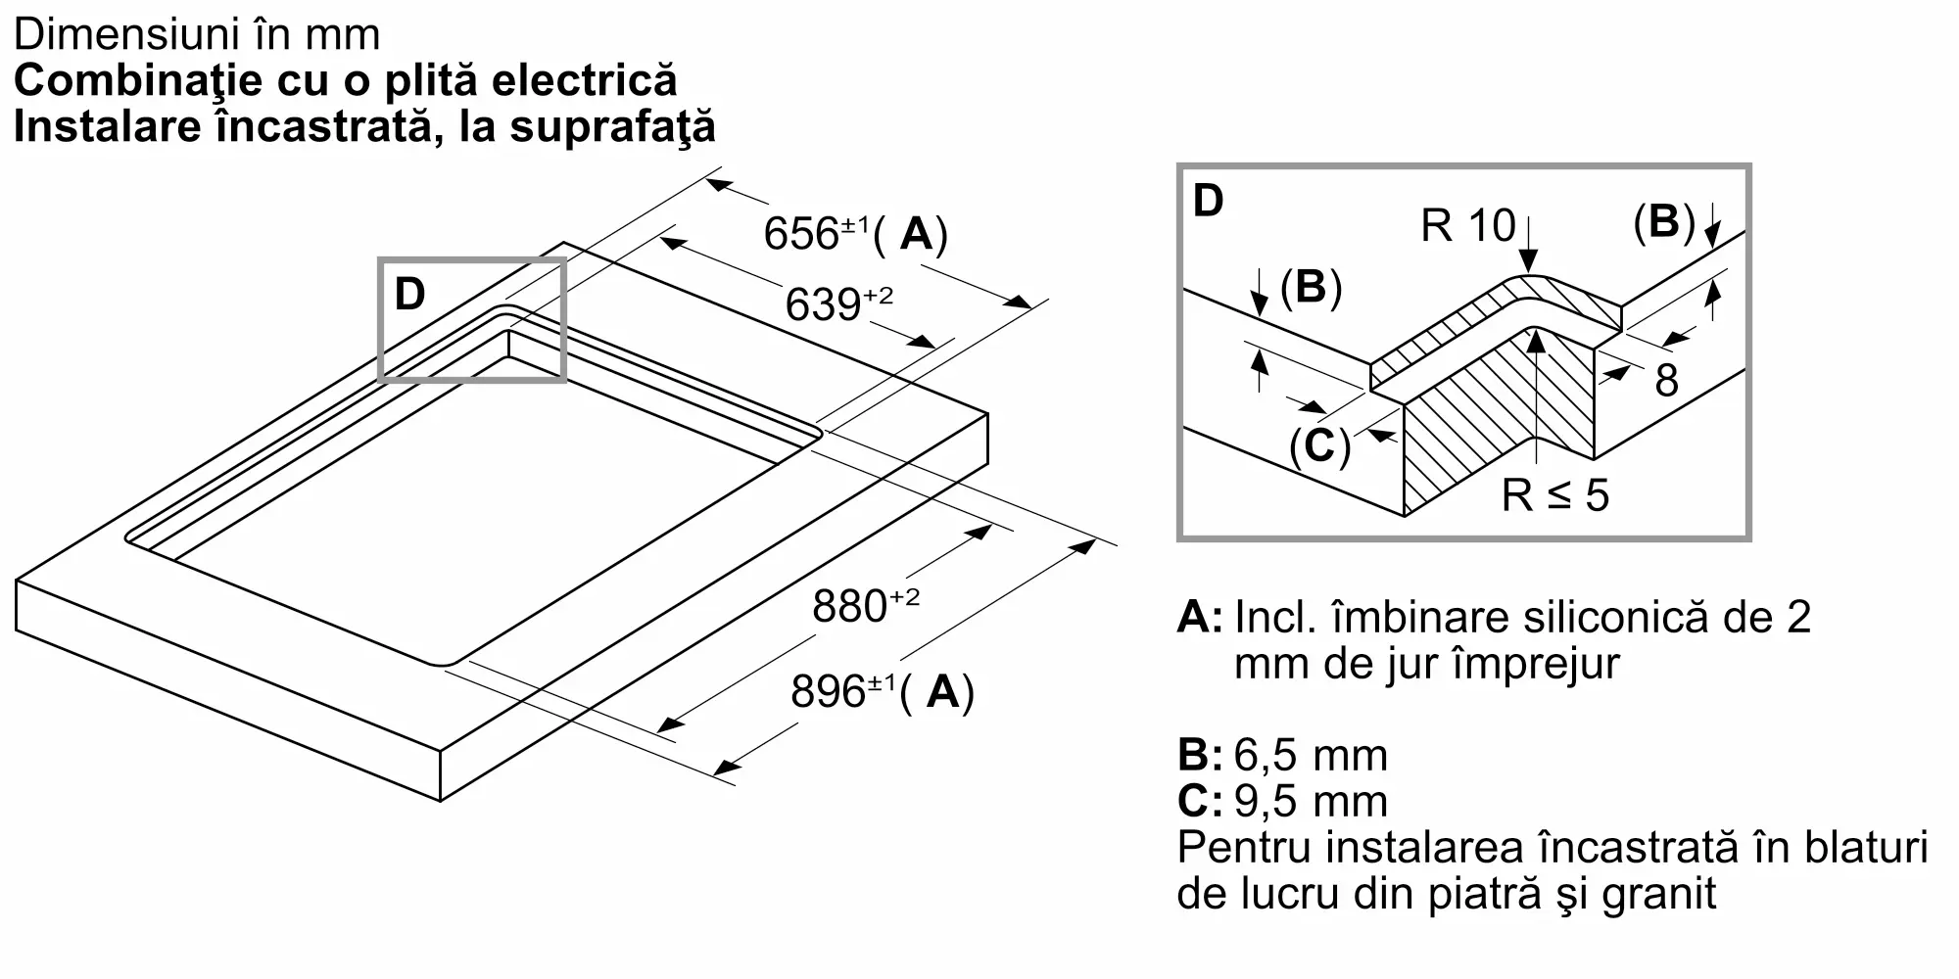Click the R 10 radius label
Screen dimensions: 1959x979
point(1467,226)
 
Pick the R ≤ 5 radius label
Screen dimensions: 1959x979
point(1555,495)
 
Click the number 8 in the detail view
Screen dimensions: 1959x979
point(1666,381)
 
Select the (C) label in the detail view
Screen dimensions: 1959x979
point(1319,446)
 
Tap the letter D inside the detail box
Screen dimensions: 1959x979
point(1209,201)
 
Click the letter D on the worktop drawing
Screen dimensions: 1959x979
point(409,294)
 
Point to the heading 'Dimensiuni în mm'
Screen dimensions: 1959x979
point(197,35)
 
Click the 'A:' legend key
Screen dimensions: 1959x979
point(1200,617)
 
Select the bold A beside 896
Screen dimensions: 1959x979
point(942,692)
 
